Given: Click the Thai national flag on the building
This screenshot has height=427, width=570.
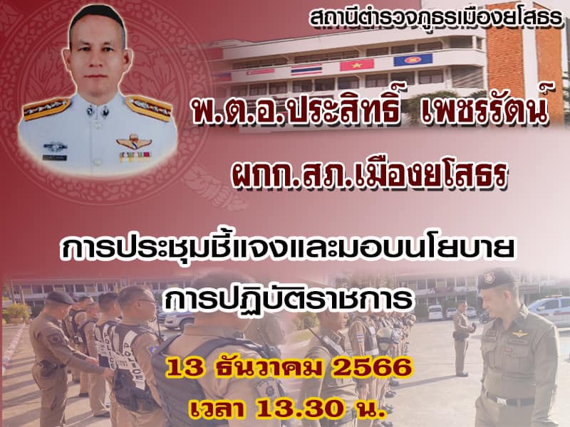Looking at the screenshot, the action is tap(306, 69).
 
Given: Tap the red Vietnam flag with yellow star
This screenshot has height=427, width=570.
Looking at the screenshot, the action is tap(357, 65).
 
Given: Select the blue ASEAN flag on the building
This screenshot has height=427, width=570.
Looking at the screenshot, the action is tap(413, 60).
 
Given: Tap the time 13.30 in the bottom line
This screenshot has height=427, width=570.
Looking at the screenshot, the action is tap(299, 408).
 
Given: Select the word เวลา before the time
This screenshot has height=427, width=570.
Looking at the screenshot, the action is tap(219, 408).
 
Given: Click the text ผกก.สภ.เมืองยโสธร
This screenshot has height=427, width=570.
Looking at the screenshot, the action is tap(369, 174).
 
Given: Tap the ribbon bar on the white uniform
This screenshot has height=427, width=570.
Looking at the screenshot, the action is tap(134, 156).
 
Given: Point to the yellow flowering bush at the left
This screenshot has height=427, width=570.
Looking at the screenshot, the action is tap(17, 312).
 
